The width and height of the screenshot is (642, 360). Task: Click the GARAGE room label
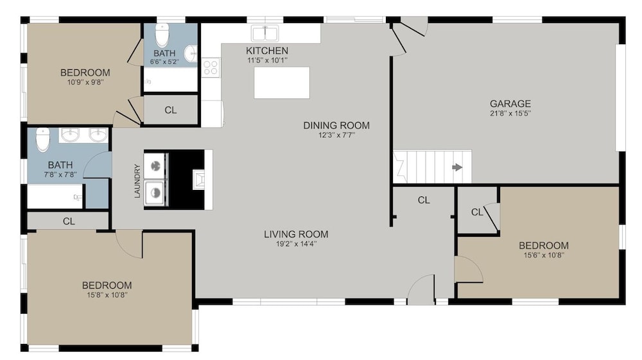[510, 103]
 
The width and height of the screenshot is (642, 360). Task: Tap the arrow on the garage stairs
[457, 167]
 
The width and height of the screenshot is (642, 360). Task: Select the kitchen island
[282, 83]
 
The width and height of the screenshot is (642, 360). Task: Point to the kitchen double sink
[265, 33]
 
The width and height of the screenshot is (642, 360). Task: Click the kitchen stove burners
[211, 67]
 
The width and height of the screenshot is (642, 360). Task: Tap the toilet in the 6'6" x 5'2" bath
[162, 35]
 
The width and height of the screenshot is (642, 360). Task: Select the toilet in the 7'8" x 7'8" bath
[42, 139]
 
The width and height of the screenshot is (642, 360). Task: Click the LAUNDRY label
[137, 181]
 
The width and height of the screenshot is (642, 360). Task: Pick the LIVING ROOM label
[296, 234]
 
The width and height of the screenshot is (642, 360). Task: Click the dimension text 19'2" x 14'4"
[296, 244]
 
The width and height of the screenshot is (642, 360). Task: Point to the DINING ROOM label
[336, 126]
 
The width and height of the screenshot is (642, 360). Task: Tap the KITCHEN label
[267, 51]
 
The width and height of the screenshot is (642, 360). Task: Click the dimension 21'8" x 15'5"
[510, 114]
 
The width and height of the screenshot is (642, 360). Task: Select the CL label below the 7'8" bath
[69, 221]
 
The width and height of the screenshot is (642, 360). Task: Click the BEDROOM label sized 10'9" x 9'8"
[85, 73]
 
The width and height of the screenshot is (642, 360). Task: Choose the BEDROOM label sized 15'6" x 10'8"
[544, 245]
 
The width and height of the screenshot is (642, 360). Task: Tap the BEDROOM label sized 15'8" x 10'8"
[107, 285]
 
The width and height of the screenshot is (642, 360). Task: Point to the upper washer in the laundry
[155, 166]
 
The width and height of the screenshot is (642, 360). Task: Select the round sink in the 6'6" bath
[191, 53]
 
